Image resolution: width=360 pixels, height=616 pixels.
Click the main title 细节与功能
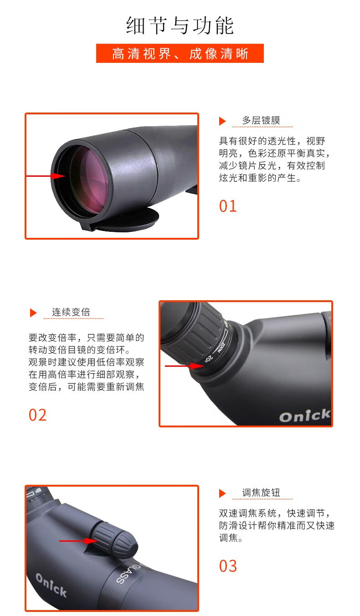(x=180, y=26)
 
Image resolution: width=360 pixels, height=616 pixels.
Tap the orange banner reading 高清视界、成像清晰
(x=180, y=53)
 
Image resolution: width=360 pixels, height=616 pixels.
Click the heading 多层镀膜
(x=261, y=120)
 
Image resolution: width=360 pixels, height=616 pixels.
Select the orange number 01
(x=228, y=206)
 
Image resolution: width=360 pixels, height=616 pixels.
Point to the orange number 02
(x=38, y=415)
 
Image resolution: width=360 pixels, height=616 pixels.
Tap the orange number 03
(x=228, y=566)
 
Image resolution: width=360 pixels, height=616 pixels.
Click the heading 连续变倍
(x=71, y=312)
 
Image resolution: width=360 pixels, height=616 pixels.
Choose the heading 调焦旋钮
(x=261, y=493)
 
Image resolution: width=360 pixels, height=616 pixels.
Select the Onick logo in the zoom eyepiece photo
(x=305, y=416)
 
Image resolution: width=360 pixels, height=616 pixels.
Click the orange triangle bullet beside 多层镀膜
(x=222, y=121)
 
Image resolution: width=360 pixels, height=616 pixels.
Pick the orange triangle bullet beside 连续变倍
(x=33, y=313)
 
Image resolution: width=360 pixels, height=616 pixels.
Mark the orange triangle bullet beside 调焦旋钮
(x=222, y=493)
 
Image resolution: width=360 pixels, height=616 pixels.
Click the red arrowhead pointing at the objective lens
(x=58, y=176)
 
